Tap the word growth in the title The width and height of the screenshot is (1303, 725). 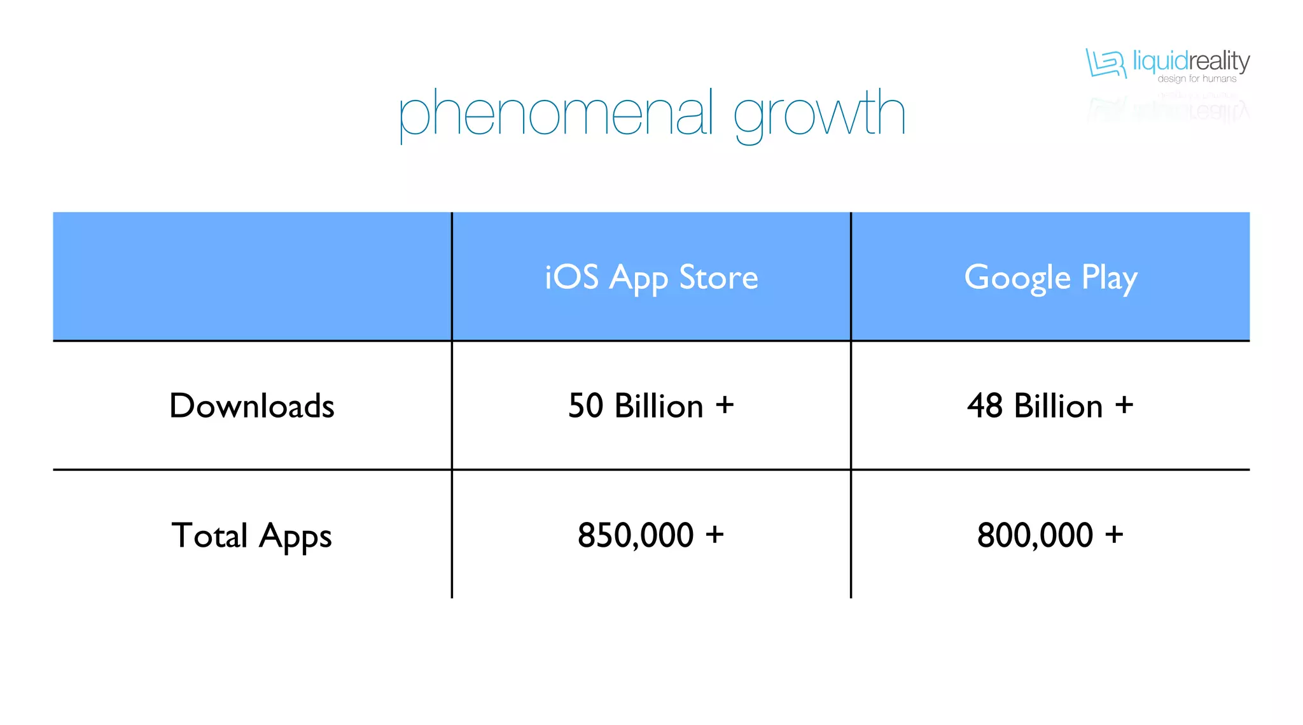click(x=819, y=115)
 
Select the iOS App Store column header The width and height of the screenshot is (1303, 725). click(x=651, y=278)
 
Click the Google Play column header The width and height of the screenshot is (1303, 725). click(x=1050, y=278)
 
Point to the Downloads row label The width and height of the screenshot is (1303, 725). click(x=252, y=406)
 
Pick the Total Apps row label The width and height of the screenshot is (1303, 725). click(x=252, y=535)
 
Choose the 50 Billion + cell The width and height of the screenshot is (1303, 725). click(x=651, y=406)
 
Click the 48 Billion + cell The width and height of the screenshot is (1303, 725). click(x=1050, y=406)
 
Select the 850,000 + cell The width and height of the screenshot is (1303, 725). click(x=651, y=535)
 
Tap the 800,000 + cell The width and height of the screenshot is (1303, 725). click(x=1050, y=535)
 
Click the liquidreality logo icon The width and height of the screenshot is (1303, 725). click(x=1106, y=63)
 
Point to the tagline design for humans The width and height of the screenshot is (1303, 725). click(x=1197, y=79)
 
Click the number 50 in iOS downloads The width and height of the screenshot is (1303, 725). click(x=585, y=406)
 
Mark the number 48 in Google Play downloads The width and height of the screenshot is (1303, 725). click(x=985, y=406)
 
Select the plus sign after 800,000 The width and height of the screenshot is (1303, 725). click(x=1114, y=534)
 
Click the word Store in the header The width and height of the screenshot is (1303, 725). click(x=718, y=278)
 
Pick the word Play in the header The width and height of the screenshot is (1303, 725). click(x=1110, y=278)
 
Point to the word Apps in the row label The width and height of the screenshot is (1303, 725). click(x=295, y=535)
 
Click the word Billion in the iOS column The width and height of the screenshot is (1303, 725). click(x=659, y=406)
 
